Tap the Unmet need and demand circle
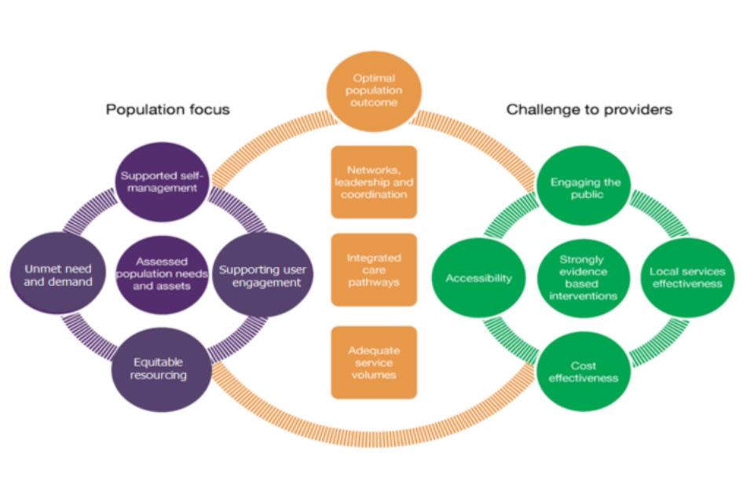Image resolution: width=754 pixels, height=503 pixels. (52, 274)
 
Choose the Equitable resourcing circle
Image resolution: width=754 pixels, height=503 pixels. (159, 368)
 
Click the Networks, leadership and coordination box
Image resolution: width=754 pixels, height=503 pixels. (374, 182)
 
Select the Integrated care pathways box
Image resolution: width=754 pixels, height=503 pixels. (374, 268)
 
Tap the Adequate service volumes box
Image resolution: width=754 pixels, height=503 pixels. (374, 362)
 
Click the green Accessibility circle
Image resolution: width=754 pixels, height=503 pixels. (479, 278)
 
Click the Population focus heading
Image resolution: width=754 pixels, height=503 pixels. (168, 109)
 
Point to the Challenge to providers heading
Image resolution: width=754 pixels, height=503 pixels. (589, 109)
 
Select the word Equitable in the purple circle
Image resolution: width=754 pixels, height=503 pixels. (159, 362)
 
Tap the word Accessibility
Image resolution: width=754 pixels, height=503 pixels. (479, 278)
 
